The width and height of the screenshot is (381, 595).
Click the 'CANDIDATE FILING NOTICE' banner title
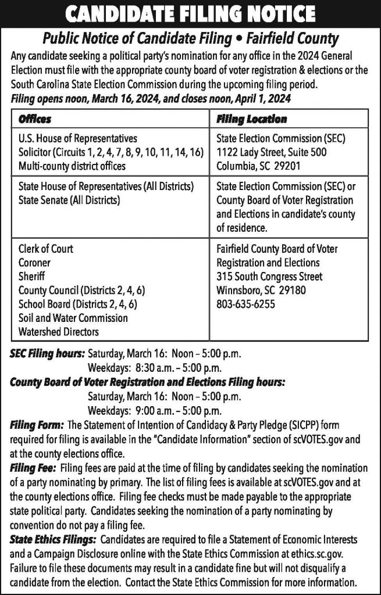coord(190,14)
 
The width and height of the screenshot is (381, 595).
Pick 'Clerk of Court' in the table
coord(46,249)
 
